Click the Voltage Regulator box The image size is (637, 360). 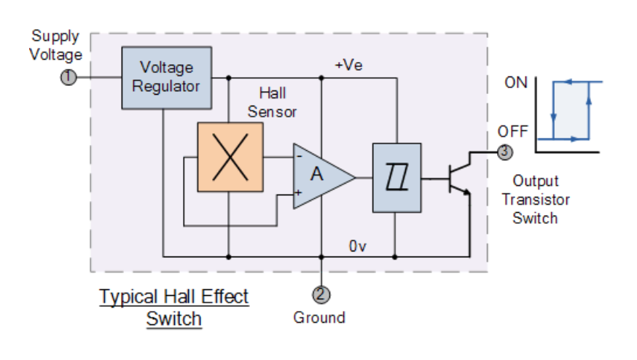pyautogui.click(x=166, y=77)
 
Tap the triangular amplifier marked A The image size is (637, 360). pyautogui.click(x=321, y=176)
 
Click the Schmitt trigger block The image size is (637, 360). pyautogui.click(x=396, y=177)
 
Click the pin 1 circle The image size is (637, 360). pyautogui.click(x=69, y=77)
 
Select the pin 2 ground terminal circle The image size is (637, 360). pyautogui.click(x=321, y=294)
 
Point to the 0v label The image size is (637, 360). pyautogui.click(x=357, y=246)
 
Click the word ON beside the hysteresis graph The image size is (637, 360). pyautogui.click(x=515, y=82)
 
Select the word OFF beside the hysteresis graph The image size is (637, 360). pyautogui.click(x=512, y=132)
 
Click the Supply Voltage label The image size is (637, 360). pyautogui.click(x=55, y=45)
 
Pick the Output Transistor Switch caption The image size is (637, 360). pyautogui.click(x=536, y=199)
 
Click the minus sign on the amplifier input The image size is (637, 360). pyautogui.click(x=300, y=155)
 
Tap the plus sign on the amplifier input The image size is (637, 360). pyautogui.click(x=298, y=193)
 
